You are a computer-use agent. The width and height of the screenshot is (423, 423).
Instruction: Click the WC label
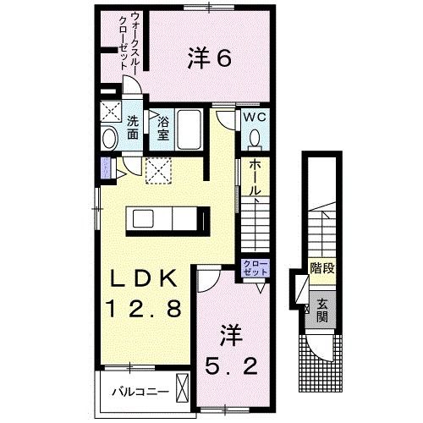pos(255,118)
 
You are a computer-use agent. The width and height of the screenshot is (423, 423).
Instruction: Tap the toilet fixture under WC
pos(255,140)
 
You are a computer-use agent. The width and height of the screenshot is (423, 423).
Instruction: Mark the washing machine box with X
pos(111,111)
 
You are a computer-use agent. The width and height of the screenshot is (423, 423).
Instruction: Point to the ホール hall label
pos(255,180)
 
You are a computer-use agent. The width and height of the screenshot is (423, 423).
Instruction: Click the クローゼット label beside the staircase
pos(255,269)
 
